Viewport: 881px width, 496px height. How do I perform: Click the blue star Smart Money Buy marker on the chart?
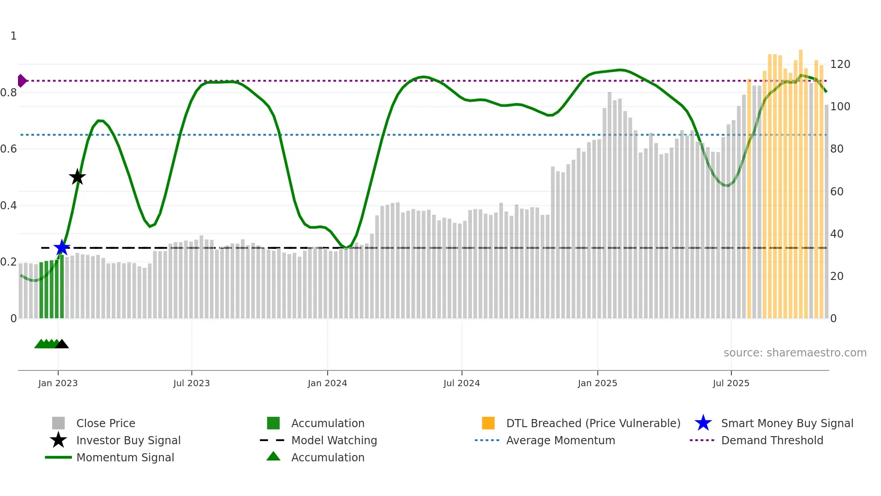coord(62,248)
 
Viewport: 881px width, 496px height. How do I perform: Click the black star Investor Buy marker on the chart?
coord(77,177)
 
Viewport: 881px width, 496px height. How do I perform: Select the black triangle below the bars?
coord(62,344)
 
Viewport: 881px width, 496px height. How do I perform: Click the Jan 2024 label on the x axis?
coord(327,383)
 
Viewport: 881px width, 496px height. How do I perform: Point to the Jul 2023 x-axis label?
coord(191,383)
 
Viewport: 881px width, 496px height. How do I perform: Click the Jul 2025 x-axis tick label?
coord(731,383)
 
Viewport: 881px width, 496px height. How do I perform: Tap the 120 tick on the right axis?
coord(840,64)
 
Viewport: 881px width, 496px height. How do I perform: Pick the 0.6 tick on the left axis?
coord(9,149)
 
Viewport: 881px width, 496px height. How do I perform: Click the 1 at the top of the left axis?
coord(13,36)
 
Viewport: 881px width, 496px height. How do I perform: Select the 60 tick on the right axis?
coord(837,192)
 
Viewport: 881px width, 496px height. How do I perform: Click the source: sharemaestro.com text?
coord(795,353)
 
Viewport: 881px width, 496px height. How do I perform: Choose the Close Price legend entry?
coord(106,423)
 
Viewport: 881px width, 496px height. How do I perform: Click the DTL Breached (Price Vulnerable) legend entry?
coord(593,423)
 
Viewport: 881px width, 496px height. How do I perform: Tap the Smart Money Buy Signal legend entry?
coord(787,423)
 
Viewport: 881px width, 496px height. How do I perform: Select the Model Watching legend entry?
coord(334,440)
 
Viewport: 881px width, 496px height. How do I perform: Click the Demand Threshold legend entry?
coord(772,440)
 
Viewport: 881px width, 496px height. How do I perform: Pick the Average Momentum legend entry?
coord(560,440)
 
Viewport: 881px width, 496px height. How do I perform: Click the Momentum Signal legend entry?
coord(125,457)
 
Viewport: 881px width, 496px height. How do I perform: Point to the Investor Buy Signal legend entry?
coord(128,440)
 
